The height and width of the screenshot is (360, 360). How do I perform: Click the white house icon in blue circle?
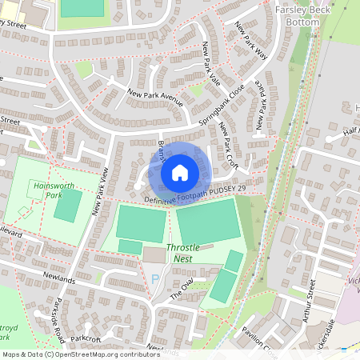[x=180, y=173]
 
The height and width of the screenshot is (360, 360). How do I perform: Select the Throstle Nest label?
[x=182, y=254]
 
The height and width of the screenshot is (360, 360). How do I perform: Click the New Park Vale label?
[x=211, y=63]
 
